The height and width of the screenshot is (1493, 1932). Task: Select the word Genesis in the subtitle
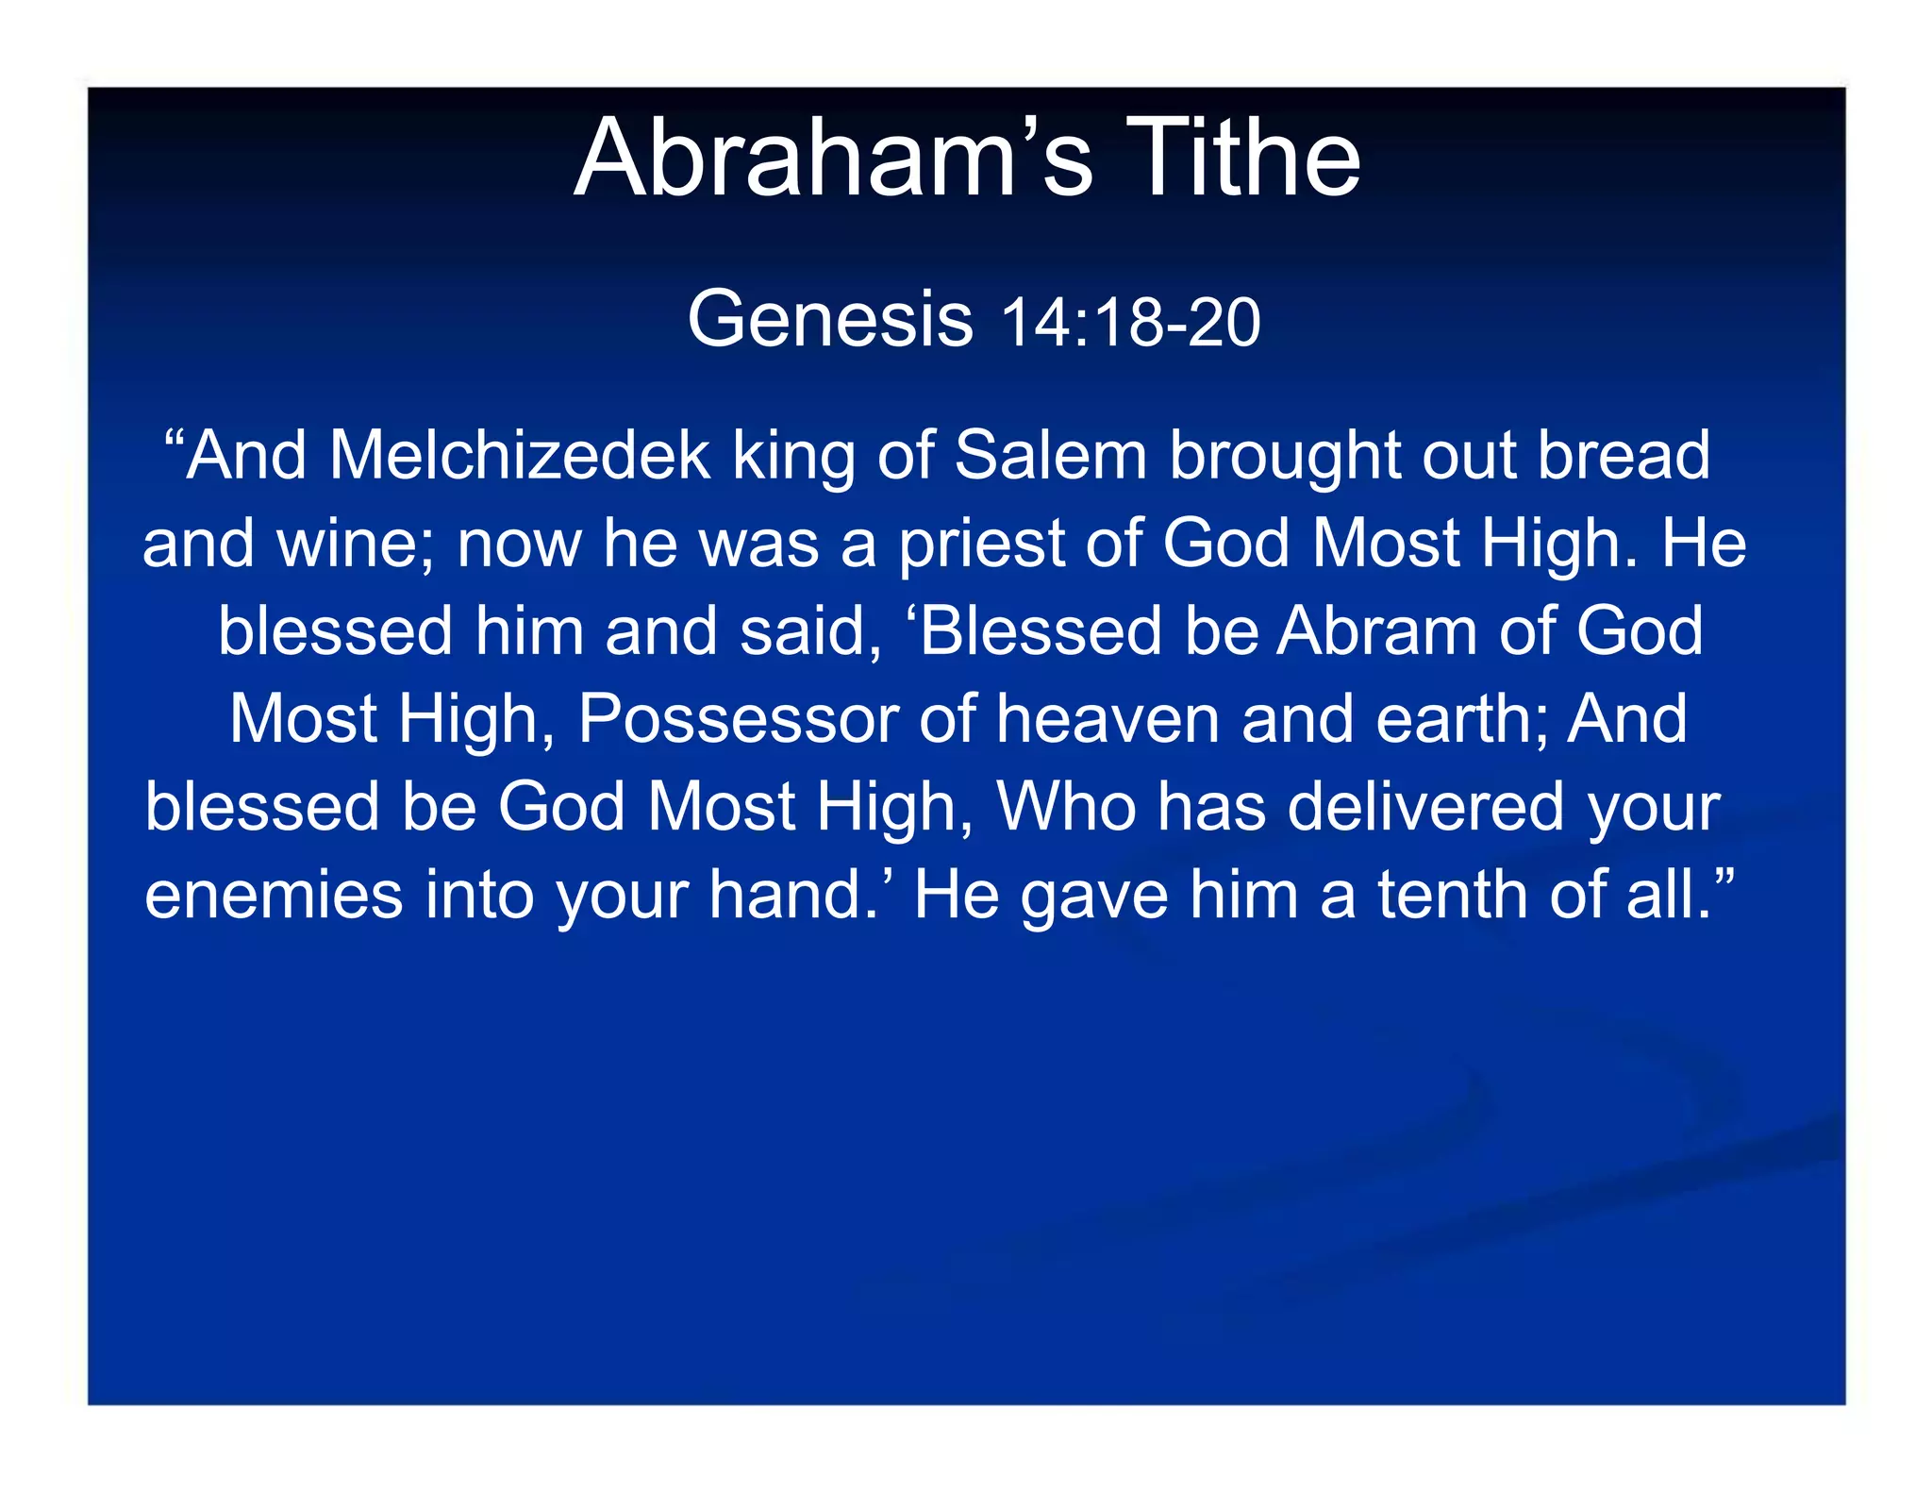[830, 319]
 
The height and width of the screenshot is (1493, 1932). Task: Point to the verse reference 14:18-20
[1129, 323]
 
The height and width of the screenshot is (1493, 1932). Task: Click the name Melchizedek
[519, 456]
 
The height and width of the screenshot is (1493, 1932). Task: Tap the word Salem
[1050, 456]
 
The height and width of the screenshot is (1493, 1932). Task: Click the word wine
[357, 545]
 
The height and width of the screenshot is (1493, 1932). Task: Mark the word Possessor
[737, 720]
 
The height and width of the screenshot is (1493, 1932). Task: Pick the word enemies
[274, 895]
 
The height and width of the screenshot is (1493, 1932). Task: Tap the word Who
[1066, 807]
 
